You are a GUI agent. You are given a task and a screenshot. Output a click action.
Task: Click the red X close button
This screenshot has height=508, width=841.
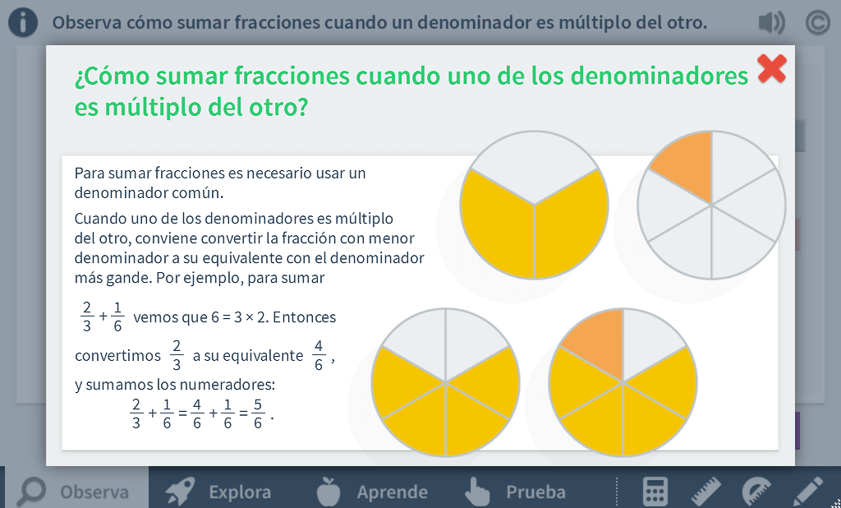pos(772,69)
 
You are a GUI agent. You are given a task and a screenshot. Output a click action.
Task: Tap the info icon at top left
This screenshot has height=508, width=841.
pos(23,22)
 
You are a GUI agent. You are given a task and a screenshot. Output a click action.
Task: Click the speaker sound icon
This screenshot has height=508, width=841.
pos(771,22)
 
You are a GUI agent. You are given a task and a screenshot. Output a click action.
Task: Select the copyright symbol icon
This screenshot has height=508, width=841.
pos(817,22)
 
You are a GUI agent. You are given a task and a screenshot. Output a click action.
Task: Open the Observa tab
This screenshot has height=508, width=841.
pos(75,492)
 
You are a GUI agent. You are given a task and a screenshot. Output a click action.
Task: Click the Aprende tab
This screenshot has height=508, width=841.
pos(372,492)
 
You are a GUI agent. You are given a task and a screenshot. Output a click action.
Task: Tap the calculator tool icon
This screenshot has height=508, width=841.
pos(655,492)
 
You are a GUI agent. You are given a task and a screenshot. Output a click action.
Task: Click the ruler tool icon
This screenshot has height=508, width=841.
pos(706,492)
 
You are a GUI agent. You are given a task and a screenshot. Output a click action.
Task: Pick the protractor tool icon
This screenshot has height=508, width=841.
pos(756,492)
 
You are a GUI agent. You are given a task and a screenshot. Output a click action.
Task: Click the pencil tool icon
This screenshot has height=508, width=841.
pos(807,492)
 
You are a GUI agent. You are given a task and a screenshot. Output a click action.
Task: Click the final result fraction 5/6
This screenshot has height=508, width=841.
pos(257,413)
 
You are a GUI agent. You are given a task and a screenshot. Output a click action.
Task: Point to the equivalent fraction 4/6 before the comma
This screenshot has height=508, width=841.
pos(319,355)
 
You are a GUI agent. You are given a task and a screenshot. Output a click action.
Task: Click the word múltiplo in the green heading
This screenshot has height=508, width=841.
pos(152,107)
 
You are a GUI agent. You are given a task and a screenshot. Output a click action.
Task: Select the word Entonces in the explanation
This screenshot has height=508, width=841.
pos(304,316)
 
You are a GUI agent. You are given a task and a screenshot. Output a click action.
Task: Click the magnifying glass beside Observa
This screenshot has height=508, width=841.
pos(31,492)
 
